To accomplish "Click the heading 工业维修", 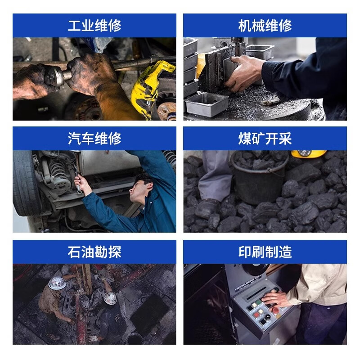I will (x=94, y=26).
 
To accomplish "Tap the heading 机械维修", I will (x=265, y=26).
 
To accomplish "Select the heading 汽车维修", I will (x=94, y=139).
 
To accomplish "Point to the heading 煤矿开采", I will (x=265, y=139).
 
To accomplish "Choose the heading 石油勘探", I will (x=94, y=252).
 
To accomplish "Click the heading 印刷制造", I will (x=265, y=252).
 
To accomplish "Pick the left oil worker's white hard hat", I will (x=57, y=283).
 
